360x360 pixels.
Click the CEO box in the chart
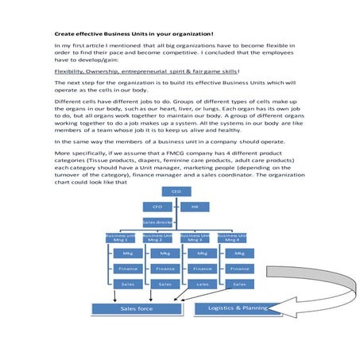click(176, 192)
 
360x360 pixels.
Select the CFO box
click(157, 207)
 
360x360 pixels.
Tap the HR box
click(195, 207)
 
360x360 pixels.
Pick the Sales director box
click(157, 222)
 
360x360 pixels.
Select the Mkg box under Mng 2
click(165, 254)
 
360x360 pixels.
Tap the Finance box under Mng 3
click(202, 269)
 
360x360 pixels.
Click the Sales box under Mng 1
click(127, 284)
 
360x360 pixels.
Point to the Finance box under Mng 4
click(239, 269)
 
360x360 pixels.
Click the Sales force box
click(136, 308)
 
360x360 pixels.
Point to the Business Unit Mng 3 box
click(195, 237)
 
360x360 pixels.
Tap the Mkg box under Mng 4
click(239, 254)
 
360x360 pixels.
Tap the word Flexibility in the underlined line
click(71, 71)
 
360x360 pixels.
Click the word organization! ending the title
click(192, 33)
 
